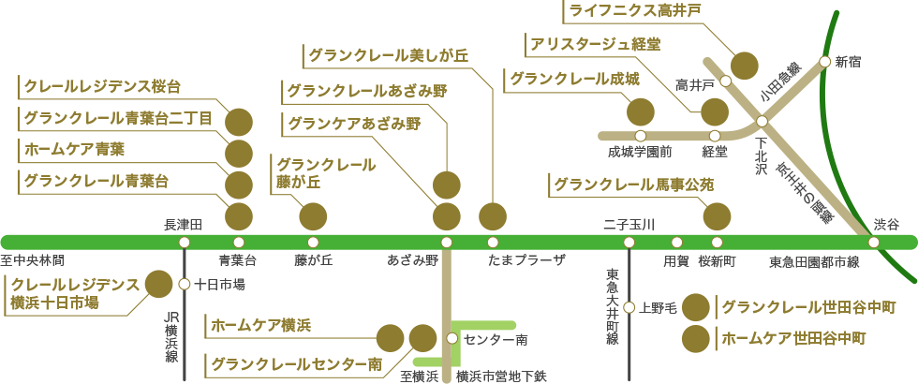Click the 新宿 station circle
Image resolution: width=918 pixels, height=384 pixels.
coord(824,61)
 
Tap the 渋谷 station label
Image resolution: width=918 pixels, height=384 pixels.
coord(886,225)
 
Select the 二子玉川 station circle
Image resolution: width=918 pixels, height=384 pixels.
coord(629,243)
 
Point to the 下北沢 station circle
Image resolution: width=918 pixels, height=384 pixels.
coord(762,121)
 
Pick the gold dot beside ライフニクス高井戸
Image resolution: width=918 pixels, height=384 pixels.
coord(745,66)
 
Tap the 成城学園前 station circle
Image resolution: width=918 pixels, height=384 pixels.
coord(641,136)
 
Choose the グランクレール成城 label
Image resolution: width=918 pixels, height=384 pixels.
coord(573,78)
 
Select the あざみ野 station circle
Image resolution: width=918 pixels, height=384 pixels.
coord(446,243)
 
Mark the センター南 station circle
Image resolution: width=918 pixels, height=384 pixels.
coord(452,338)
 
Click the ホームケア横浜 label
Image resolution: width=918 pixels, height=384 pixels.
coord(260,325)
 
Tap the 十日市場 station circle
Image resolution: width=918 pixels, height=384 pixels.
coord(184,285)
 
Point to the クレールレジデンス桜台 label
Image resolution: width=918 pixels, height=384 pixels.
coord(102,87)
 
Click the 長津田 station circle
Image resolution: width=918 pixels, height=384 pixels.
coord(184,243)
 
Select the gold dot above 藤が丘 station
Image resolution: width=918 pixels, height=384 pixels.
coord(313,217)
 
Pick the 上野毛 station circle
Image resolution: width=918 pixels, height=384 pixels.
coord(629,307)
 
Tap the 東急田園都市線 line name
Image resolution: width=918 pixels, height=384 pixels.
coord(814,261)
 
